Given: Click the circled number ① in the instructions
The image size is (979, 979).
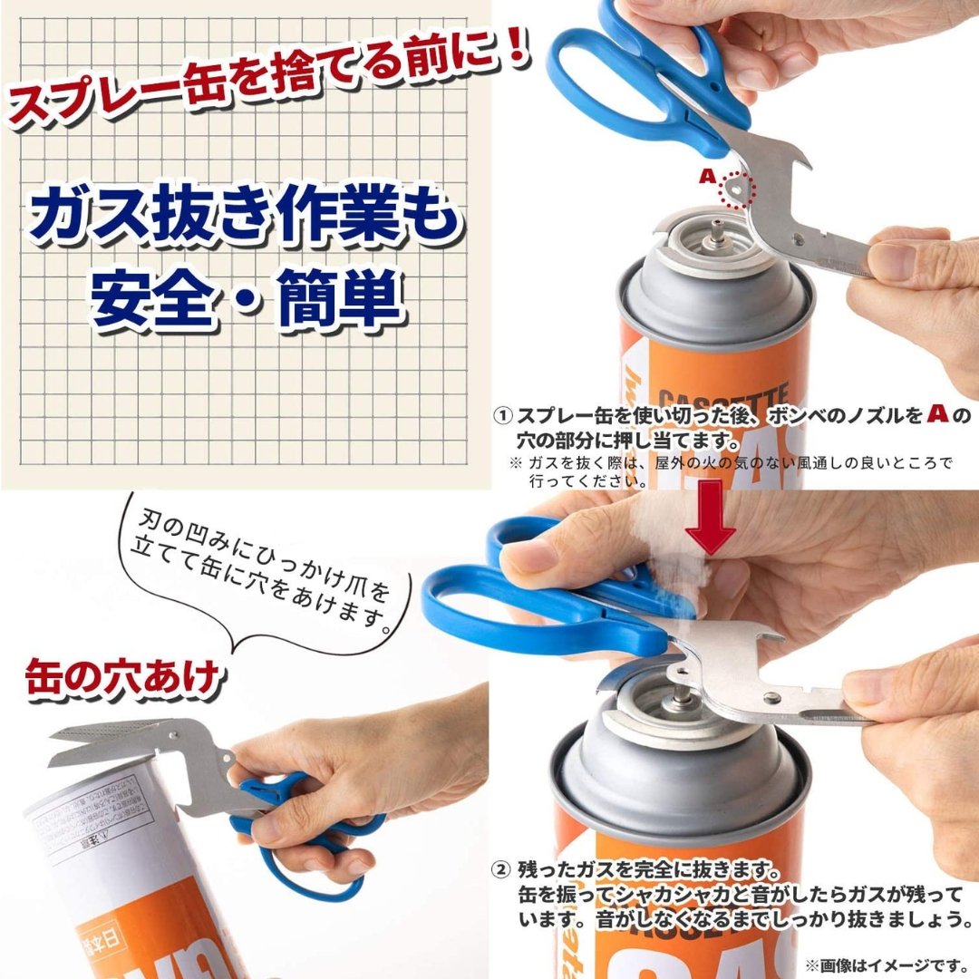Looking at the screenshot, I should [x=503, y=416].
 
